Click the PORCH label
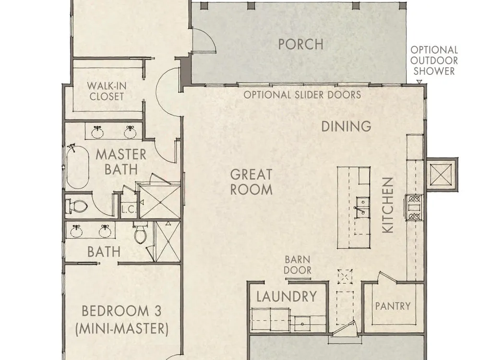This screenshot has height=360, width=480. tap(300, 44)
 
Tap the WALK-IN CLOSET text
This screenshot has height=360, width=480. tap(106, 91)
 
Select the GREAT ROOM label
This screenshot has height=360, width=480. tap(252, 182)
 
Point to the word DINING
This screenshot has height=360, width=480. tap(346, 126)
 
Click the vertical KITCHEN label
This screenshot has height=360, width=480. tap(388, 205)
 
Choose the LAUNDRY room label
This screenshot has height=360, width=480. tap(287, 297)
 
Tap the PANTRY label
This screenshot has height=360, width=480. tap(393, 306)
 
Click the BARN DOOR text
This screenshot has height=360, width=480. tap(298, 265)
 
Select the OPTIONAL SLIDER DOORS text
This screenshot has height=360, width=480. tap(302, 95)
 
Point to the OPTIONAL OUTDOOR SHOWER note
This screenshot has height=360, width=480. tap(434, 60)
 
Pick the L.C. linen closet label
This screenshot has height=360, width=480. tap(129, 210)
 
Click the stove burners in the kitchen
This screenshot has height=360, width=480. tap(414, 207)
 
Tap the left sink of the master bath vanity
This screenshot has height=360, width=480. tap(97, 132)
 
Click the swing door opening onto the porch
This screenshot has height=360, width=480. tap(204, 40)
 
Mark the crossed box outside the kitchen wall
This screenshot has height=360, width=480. tap(441, 175)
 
